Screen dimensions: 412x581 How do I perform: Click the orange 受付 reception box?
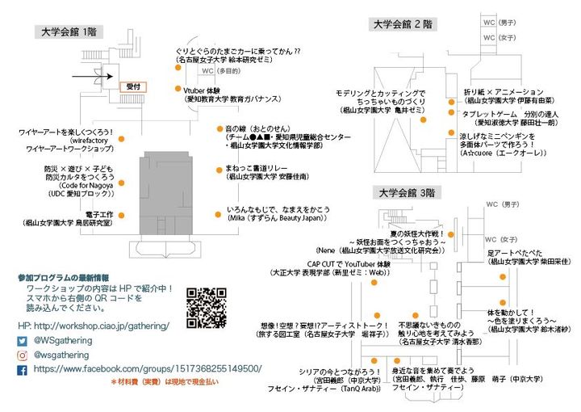pos(133,85)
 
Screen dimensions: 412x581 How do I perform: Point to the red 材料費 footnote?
pos(165,382)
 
